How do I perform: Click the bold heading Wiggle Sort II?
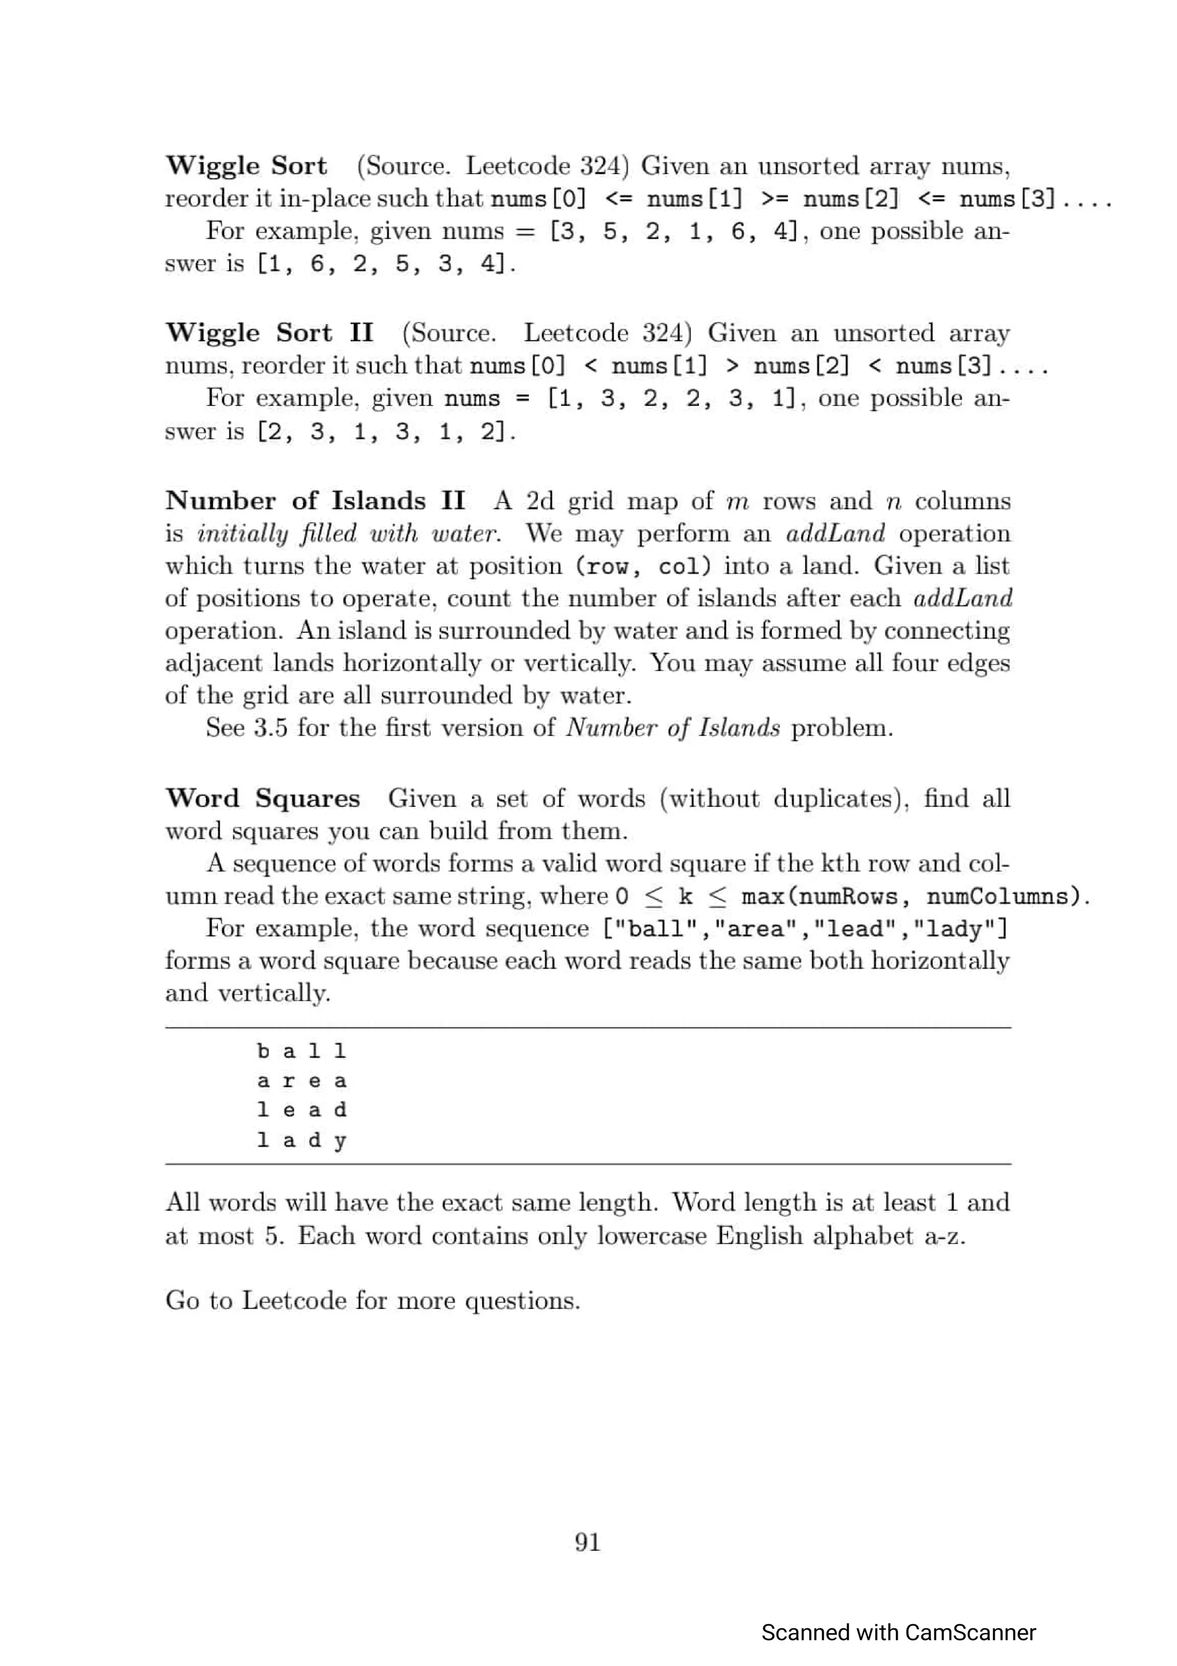point(269,333)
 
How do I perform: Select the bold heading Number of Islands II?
point(315,501)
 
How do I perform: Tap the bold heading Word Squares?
point(263,798)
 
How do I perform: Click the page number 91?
point(587,1541)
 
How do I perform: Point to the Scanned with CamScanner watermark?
point(898,1633)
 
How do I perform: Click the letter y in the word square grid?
point(340,1141)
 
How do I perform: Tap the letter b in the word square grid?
point(263,1051)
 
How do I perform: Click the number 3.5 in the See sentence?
point(271,728)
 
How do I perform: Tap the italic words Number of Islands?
point(673,728)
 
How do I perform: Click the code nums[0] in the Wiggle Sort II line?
point(517,366)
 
